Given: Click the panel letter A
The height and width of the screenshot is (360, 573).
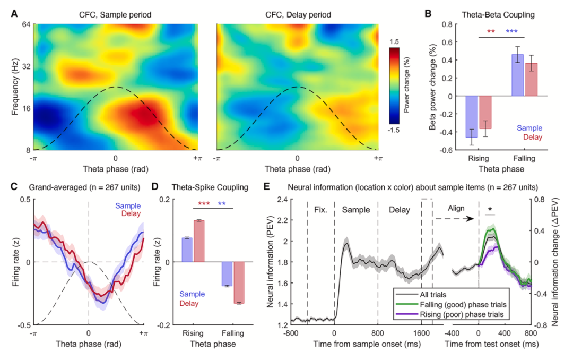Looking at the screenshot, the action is [x=14, y=14].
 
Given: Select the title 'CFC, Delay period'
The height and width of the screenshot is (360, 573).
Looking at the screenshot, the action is [x=298, y=15].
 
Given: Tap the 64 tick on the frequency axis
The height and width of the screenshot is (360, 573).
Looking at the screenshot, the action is [x=27, y=24].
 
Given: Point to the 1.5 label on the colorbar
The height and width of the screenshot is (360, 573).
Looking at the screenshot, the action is [x=394, y=42].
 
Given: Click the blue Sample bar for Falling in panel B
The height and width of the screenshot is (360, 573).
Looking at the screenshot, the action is [x=517, y=75].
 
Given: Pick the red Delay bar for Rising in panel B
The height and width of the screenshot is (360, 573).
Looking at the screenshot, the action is [x=485, y=113].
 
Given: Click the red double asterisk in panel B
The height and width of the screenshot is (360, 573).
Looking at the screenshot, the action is [x=491, y=31].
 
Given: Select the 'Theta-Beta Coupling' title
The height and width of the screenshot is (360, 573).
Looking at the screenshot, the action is [x=498, y=15].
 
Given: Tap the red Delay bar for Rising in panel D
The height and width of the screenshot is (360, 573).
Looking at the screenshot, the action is [x=199, y=241].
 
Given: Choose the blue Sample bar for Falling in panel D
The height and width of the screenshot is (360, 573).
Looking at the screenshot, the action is [x=227, y=274].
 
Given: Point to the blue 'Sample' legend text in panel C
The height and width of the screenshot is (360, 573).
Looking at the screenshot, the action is [x=128, y=206].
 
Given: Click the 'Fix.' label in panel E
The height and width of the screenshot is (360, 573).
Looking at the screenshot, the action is [x=320, y=210].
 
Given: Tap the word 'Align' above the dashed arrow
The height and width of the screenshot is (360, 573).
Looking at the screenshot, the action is [x=456, y=208].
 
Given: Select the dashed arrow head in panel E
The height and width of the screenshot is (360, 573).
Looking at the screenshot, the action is [x=472, y=219].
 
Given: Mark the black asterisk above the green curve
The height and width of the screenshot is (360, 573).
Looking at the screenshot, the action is [x=490, y=209].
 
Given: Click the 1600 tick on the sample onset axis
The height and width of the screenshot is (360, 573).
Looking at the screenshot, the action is [x=421, y=333].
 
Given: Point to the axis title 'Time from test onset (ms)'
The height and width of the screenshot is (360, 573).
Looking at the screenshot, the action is [x=491, y=344].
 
